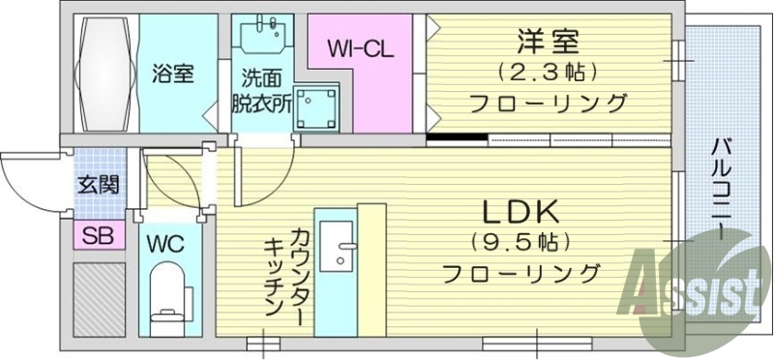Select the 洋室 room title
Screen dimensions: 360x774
pos(547,43)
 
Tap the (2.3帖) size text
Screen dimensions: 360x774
pos(547,72)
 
